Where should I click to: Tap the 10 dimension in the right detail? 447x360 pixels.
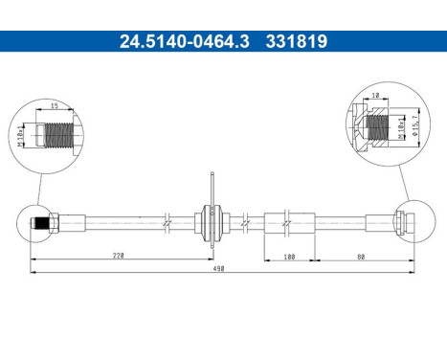click(376, 96)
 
